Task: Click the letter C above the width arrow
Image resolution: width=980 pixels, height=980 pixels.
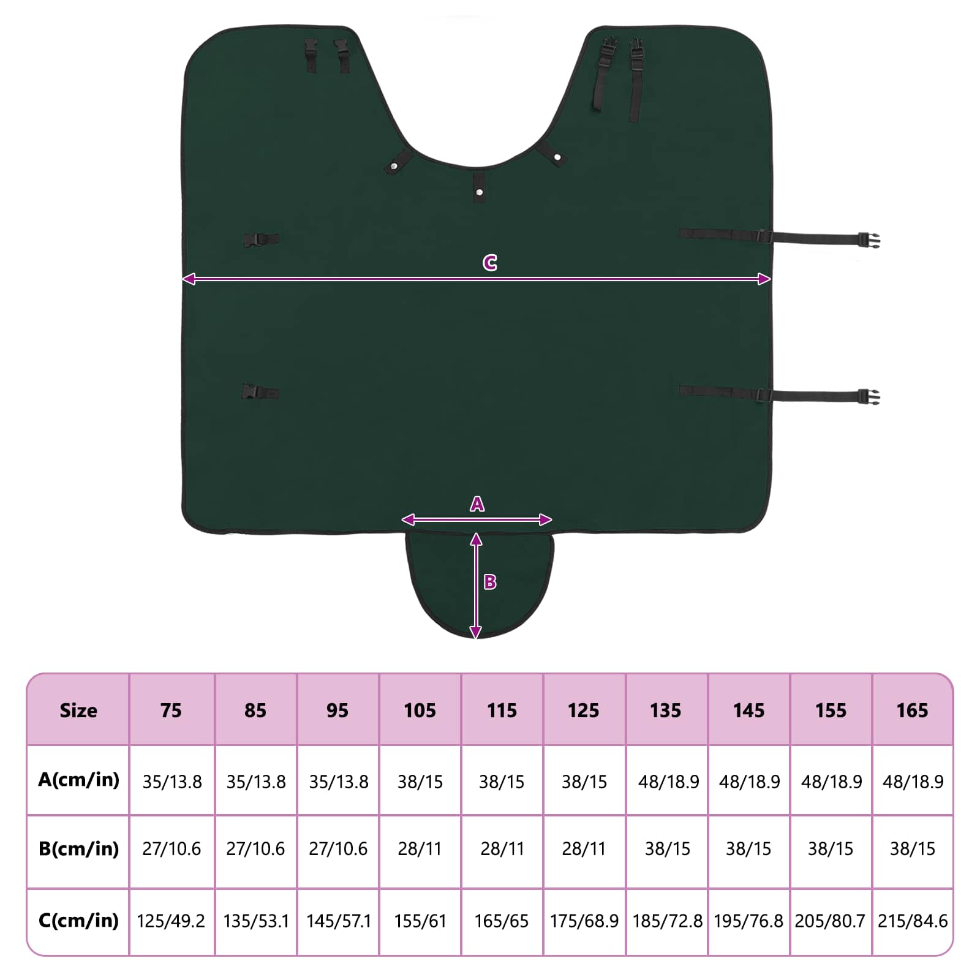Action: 489,263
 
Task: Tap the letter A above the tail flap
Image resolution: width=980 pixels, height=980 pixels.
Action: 477,504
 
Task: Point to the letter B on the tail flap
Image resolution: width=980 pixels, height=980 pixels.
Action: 490,582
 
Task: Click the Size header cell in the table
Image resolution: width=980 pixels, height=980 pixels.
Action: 78,710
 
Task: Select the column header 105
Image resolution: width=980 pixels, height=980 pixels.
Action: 420,710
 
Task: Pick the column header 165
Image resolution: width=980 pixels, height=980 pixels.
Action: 912,710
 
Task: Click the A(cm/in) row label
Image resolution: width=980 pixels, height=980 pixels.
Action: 78,780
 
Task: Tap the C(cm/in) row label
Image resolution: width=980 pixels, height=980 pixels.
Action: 78,921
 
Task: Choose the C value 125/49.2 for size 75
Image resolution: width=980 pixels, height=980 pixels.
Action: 171,921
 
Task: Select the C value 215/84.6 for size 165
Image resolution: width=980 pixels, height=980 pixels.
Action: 913,921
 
